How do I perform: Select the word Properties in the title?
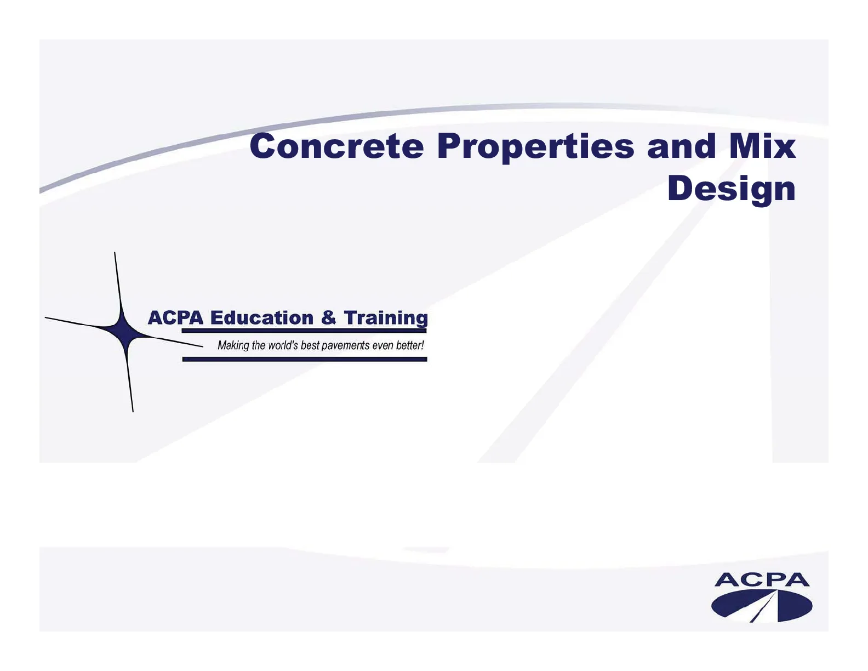[x=536, y=148]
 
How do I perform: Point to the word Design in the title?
[x=732, y=190]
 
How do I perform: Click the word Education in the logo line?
[x=262, y=318]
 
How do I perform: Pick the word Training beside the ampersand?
[x=386, y=319]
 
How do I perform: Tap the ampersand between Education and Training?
[x=329, y=318]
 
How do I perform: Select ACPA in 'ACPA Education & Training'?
[x=175, y=318]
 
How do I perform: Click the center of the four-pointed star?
[x=124, y=332]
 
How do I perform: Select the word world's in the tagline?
[x=283, y=345]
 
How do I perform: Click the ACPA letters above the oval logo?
[x=762, y=579]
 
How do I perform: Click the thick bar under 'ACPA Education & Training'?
[x=304, y=331]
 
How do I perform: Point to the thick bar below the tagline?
[x=305, y=359]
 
